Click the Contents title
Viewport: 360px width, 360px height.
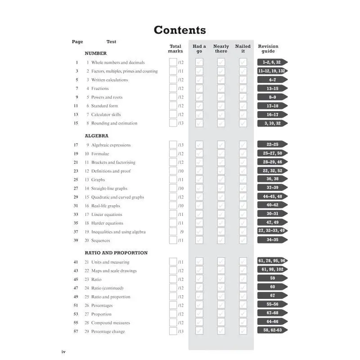[x=180, y=30]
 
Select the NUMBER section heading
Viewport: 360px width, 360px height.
[x=95, y=53]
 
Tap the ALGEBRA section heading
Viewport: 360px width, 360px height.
[x=96, y=135]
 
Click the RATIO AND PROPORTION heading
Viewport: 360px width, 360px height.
[x=116, y=253]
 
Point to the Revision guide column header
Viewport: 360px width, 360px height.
[x=268, y=49]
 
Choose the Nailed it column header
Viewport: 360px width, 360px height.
[x=243, y=49]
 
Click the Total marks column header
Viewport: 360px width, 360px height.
[x=175, y=49]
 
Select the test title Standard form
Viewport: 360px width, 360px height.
[x=104, y=106]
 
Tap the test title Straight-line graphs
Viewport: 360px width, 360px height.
[x=109, y=189]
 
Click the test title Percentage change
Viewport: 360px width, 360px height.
[x=108, y=332]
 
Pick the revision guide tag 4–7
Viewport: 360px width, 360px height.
[x=272, y=80]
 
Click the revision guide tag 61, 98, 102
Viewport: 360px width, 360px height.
[x=272, y=269]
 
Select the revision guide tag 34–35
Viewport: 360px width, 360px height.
[x=272, y=240]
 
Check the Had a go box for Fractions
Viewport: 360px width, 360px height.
[x=199, y=88]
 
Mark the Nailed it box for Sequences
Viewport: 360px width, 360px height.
[x=243, y=240]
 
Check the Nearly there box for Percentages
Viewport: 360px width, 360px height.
[x=221, y=305]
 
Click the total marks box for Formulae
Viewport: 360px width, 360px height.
[x=173, y=153]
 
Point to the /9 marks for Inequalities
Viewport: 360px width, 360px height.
[x=181, y=232]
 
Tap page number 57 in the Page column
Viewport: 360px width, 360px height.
[x=76, y=332]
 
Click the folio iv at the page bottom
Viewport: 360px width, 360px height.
[x=63, y=351]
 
